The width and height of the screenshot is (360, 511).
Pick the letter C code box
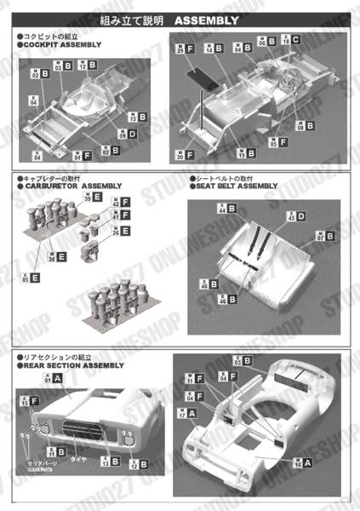click(295, 39)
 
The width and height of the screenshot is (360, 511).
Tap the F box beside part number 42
click(125, 203)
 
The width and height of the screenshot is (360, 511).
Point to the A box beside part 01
click(56, 381)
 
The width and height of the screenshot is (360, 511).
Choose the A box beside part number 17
click(191, 413)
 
